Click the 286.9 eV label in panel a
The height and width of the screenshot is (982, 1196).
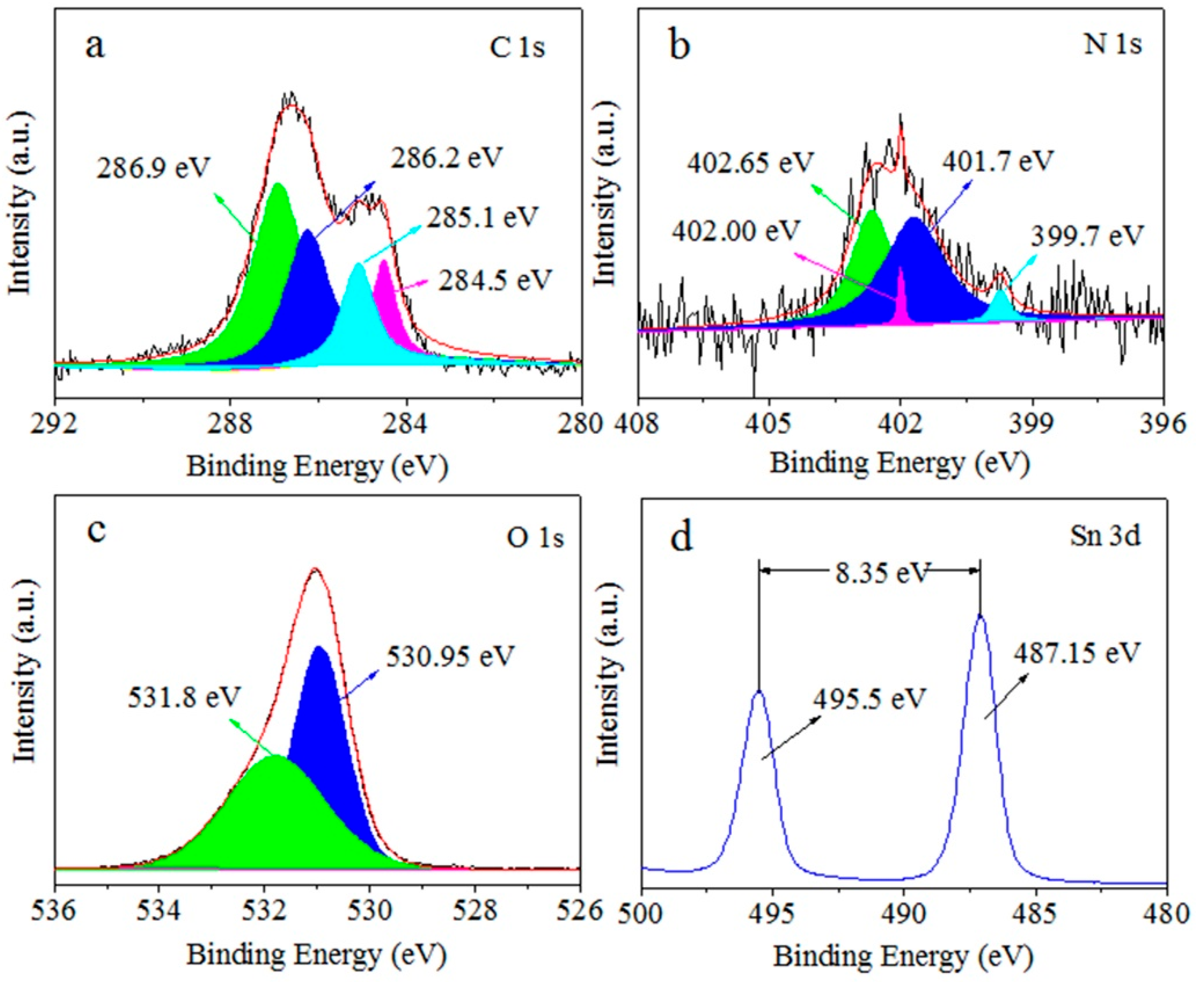coord(153,168)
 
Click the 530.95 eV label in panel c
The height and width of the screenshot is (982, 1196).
coord(451,656)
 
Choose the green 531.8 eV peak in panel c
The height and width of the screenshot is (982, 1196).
coord(271,820)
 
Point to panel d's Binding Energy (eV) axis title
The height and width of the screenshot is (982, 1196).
coord(903,957)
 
